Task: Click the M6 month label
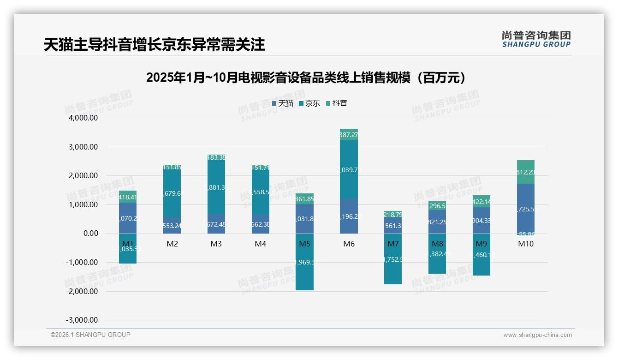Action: click(x=349, y=244)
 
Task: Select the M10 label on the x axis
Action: click(x=525, y=244)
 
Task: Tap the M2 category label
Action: click(x=172, y=244)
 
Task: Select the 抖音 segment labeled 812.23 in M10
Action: click(x=525, y=172)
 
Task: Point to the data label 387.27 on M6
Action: click(x=349, y=135)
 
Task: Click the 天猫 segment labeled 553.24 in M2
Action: click(x=172, y=226)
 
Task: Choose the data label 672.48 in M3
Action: click(x=216, y=225)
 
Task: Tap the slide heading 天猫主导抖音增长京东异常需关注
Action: click(x=154, y=45)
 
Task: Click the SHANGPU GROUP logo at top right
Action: click(x=536, y=39)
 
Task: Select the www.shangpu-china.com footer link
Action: click(x=537, y=335)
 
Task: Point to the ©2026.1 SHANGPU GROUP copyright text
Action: click(x=90, y=335)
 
